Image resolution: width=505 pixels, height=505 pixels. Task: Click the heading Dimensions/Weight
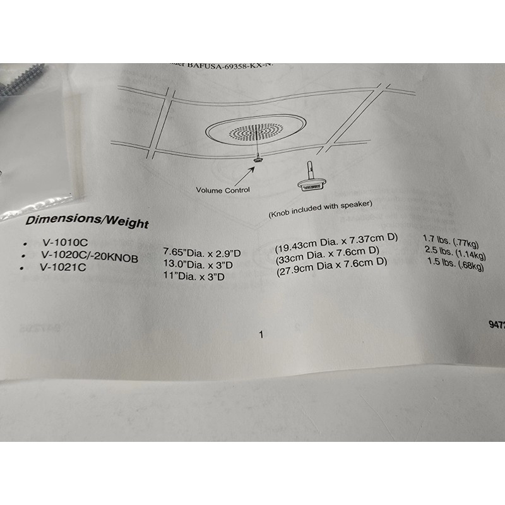(x=87, y=222)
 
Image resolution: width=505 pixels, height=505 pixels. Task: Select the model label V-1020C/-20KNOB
(x=89, y=256)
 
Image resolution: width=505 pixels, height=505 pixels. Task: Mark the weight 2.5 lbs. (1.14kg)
(x=454, y=253)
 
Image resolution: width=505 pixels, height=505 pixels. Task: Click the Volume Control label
(x=223, y=190)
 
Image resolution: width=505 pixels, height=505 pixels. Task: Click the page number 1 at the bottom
(x=261, y=335)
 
